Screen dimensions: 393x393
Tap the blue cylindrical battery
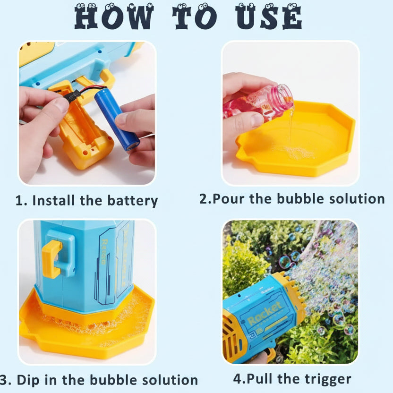tap(116, 119)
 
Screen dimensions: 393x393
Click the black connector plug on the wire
tap(71, 96)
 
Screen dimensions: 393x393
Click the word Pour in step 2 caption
tap(229, 198)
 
